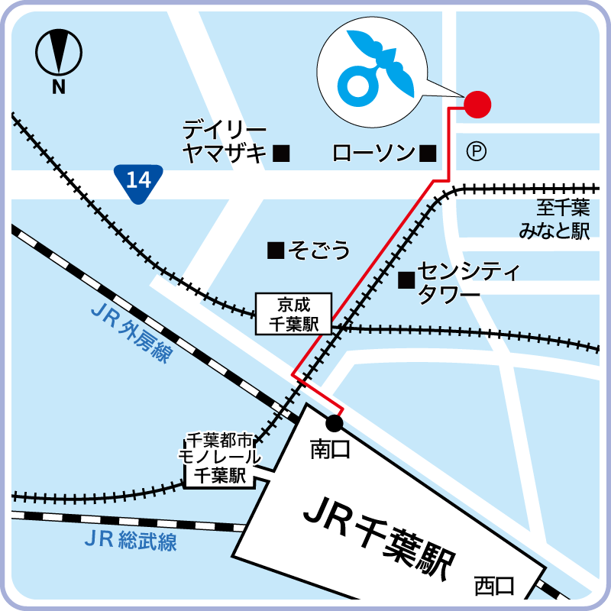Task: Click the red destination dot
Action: click(x=477, y=104)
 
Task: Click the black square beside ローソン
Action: click(x=428, y=154)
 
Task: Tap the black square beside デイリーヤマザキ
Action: click(x=282, y=154)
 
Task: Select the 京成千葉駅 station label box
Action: click(x=293, y=313)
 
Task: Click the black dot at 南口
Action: click(x=334, y=422)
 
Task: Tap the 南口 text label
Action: click(x=329, y=450)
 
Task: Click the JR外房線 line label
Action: click(x=131, y=335)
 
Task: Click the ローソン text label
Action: click(x=373, y=154)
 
